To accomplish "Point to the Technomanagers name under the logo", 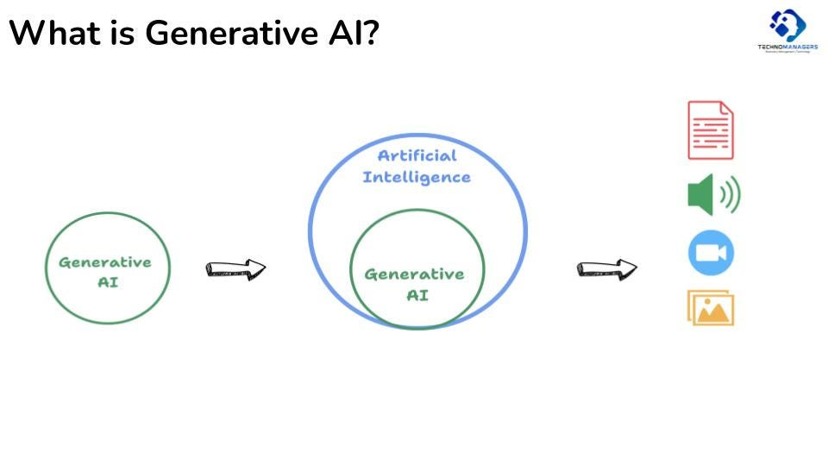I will tap(787, 47).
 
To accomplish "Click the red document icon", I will tap(711, 130).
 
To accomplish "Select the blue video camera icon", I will tap(711, 253).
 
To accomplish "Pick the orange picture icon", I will tap(711, 307).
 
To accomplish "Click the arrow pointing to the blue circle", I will tap(235, 269).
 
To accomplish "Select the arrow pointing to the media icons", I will tap(606, 269).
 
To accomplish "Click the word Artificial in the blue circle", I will tap(417, 156).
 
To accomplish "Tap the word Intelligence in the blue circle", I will tap(417, 177).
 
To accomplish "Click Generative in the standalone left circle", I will tap(105, 262).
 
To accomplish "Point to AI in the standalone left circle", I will tap(109, 282).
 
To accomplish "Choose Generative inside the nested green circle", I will tap(414, 274).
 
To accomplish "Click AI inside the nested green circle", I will tap(417, 295).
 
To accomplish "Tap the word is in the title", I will tap(120, 34).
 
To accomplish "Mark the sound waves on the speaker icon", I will tap(731, 196).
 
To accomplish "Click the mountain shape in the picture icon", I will tap(712, 312).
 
